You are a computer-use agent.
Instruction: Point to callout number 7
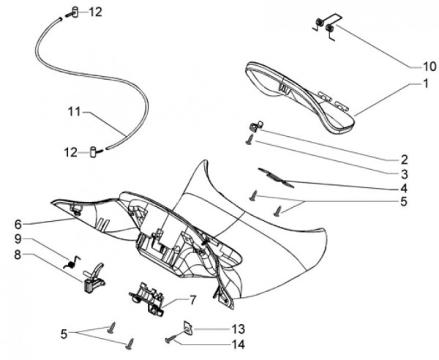(x=193, y=300)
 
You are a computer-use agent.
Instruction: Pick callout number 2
(x=403, y=159)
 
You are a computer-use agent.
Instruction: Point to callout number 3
(x=403, y=173)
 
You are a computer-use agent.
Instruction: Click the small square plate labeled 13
(x=187, y=329)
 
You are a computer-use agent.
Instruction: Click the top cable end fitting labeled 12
(x=74, y=12)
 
